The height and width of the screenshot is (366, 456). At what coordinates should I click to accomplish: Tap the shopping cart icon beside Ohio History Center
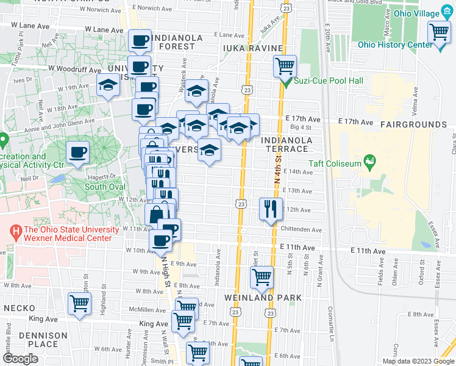(438, 34)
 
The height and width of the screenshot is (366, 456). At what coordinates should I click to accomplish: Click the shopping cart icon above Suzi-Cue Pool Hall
(284, 66)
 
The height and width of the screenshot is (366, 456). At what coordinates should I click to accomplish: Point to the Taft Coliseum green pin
(368, 161)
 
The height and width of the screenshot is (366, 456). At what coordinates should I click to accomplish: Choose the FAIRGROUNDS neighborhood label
(413, 124)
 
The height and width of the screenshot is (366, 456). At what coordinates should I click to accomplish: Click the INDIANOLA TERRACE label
(287, 145)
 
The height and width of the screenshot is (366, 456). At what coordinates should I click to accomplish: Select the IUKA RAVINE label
(253, 48)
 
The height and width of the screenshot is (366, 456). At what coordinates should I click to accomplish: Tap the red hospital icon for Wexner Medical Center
(15, 232)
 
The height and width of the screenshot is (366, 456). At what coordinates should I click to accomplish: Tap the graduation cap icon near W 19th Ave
(108, 86)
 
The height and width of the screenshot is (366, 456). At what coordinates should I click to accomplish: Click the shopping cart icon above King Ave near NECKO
(80, 303)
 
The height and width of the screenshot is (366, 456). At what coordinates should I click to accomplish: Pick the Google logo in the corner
(21, 359)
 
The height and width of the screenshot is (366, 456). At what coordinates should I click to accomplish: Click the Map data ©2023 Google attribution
(418, 361)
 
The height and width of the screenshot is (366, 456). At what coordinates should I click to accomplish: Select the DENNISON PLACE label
(42, 340)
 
